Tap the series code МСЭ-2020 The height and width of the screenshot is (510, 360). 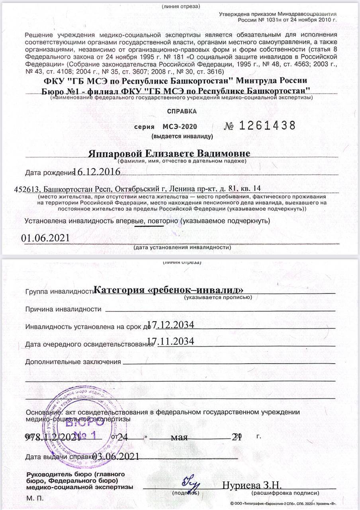coord(180,127)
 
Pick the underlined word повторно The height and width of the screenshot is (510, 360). coord(163,220)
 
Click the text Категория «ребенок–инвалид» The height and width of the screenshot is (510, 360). coord(169,290)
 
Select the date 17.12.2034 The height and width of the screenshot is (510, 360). coord(170,325)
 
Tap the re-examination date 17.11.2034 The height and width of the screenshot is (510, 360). coord(170,341)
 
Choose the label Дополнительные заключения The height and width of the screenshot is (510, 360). coord(73,362)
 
